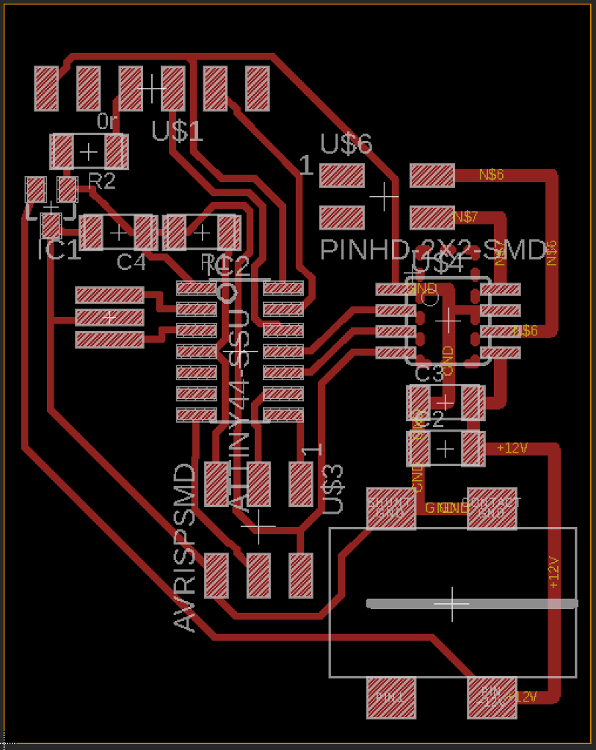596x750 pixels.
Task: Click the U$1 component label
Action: pos(177,131)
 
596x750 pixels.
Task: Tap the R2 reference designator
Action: pos(102,181)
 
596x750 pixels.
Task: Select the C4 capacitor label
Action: pos(132,262)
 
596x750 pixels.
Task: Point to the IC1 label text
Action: pos(59,250)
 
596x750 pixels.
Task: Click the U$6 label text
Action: pos(346,143)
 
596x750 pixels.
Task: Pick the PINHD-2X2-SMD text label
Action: pos(432,250)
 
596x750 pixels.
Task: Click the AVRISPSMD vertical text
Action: pos(185,547)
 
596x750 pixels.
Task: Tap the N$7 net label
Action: pos(466,217)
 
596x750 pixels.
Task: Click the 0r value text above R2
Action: pos(107,121)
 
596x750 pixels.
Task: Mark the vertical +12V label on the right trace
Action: pos(553,573)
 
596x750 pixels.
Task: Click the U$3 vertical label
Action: pos(334,488)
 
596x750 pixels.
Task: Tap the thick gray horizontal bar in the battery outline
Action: pos(472,604)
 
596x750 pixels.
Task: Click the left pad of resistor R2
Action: pos(61,151)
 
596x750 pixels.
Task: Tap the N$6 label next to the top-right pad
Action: pos(491,175)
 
